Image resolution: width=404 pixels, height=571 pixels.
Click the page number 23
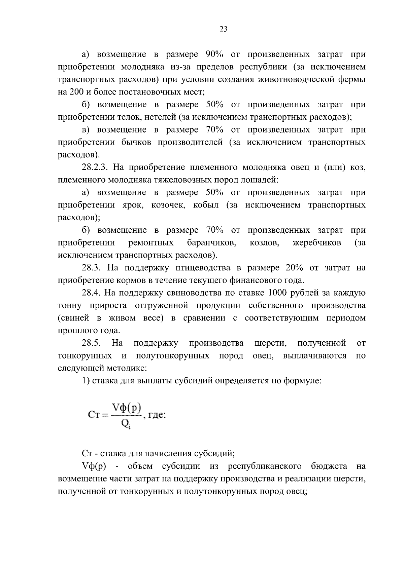(x=224, y=29)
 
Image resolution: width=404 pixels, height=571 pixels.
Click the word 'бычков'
(x=135, y=143)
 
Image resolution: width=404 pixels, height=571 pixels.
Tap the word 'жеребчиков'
(x=316, y=243)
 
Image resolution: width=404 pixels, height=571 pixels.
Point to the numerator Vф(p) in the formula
(x=127, y=408)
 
